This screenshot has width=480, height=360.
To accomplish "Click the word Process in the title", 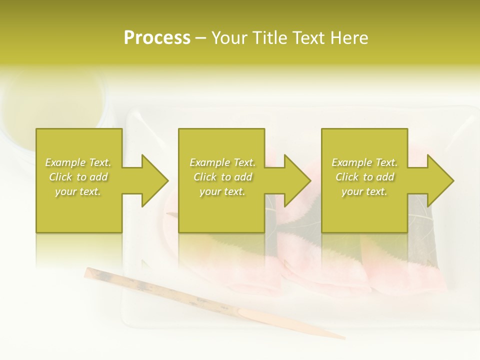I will pos(157,38).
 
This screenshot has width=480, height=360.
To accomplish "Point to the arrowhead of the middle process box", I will pos(297,180).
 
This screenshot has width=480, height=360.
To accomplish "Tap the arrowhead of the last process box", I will pos(440,180).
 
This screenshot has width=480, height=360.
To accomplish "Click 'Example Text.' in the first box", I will pos(78,162).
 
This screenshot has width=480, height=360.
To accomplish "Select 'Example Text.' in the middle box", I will pos(222,162).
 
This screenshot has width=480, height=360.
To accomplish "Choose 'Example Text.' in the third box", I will pos(364,162).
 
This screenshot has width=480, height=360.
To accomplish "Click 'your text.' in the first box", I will pos(78,191).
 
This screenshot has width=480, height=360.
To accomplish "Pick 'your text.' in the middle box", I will pos(222,191).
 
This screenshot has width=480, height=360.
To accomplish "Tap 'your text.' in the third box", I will pos(364,191).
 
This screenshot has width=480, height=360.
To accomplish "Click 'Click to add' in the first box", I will pos(78,177).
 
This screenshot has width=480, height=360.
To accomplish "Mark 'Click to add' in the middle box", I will pos(222,177).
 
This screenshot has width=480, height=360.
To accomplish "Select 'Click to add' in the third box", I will pos(364,177).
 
